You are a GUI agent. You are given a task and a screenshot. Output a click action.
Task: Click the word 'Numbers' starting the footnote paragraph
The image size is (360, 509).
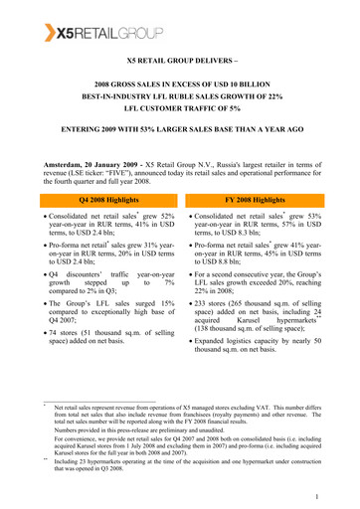click(73, 429)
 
